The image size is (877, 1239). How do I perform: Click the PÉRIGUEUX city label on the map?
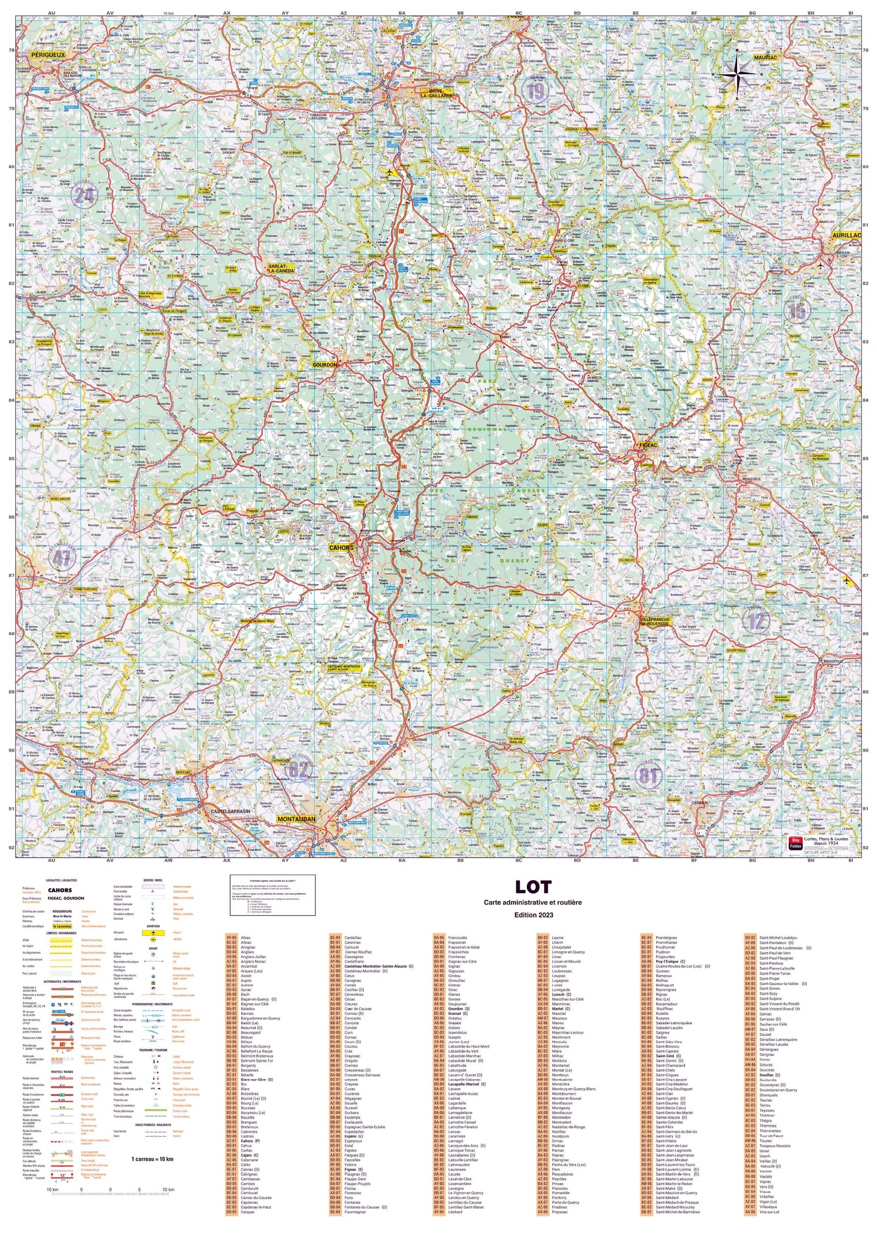tap(48, 55)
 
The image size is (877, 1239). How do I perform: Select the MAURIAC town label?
tap(765, 58)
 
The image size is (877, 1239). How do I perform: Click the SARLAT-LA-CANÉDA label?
tap(281, 268)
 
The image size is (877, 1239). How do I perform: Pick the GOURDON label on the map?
tap(324, 364)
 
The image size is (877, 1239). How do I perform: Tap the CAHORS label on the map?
tap(341, 547)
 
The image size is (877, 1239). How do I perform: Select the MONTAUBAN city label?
tap(297, 819)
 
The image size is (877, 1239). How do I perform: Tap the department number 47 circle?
tap(61, 559)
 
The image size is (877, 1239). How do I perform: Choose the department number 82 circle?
tap(298, 769)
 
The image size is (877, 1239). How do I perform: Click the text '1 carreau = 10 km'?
tap(152, 1158)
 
